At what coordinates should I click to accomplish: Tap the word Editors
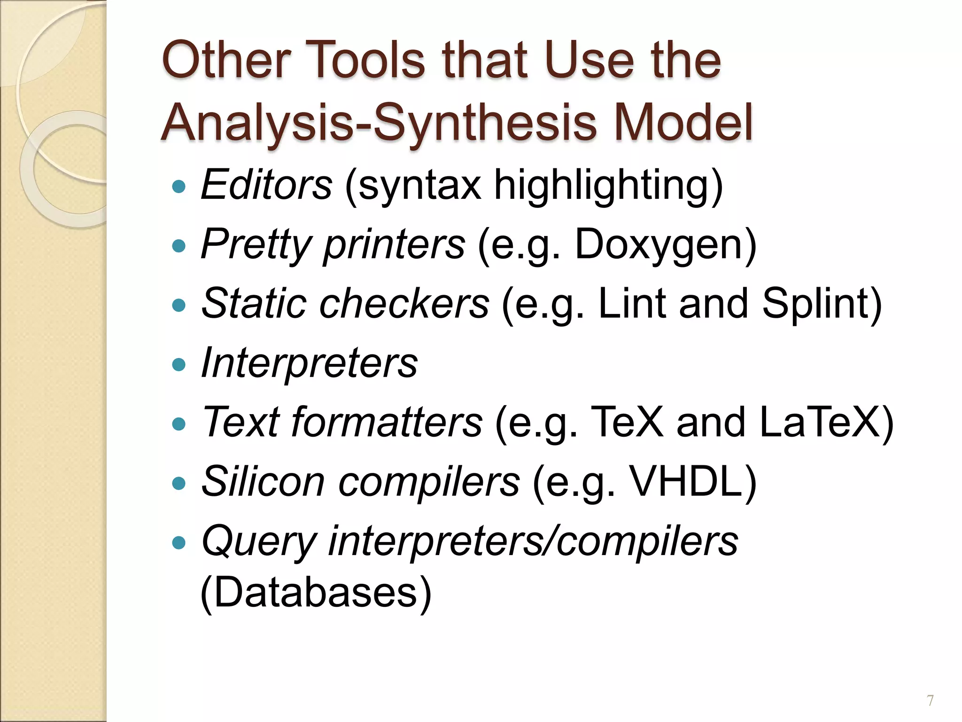tap(266, 185)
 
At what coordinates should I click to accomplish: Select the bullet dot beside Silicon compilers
tap(179, 484)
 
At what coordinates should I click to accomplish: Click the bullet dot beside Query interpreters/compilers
tap(179, 543)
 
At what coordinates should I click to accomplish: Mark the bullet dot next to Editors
tap(179, 187)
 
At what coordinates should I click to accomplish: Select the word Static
tap(254, 304)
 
